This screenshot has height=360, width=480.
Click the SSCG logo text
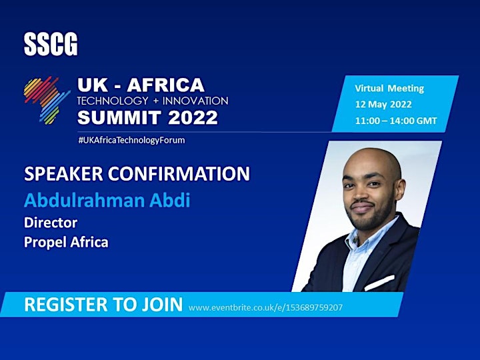(x=51, y=45)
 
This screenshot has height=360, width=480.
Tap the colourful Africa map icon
(x=47, y=101)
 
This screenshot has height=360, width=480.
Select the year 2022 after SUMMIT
(x=193, y=117)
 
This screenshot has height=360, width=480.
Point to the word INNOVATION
(x=195, y=101)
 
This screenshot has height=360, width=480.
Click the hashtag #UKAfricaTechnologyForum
(x=131, y=140)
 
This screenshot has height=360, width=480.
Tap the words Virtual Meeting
(x=389, y=89)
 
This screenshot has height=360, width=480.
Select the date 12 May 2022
(x=383, y=105)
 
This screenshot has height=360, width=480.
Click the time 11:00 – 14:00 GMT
(x=396, y=121)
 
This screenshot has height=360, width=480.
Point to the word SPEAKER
(x=64, y=173)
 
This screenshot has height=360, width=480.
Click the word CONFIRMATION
(x=179, y=173)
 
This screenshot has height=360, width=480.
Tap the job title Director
(x=51, y=223)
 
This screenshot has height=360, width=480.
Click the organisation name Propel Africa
(x=66, y=242)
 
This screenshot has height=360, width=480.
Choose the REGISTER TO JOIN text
(x=103, y=304)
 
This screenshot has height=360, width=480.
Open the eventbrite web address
(x=265, y=307)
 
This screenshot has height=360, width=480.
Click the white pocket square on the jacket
(x=379, y=282)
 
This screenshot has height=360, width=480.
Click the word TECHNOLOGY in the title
(x=113, y=101)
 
